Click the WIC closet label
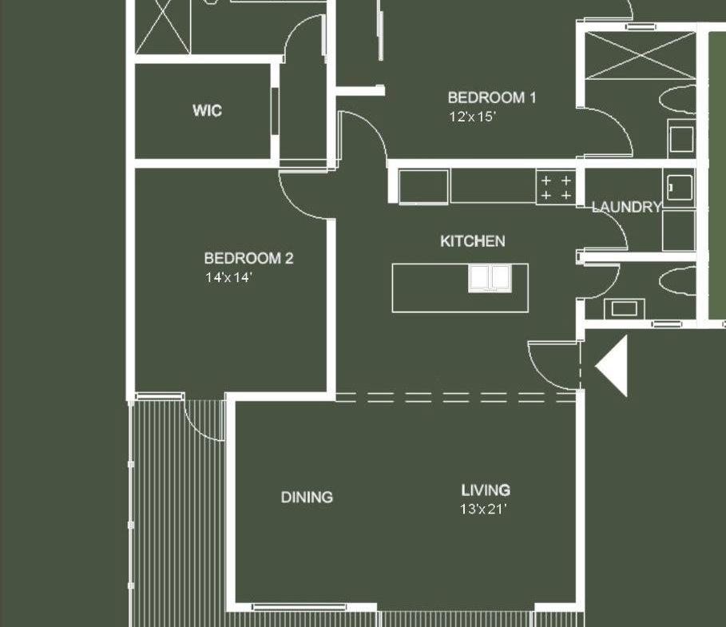207,111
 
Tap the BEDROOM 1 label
492,97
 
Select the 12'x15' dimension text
472,117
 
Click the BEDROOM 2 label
248,259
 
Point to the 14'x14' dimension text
228,277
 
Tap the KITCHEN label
472,241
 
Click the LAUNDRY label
626,207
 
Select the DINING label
307,498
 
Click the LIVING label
486,490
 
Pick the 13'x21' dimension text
483,510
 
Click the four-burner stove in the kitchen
556,187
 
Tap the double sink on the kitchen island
490,278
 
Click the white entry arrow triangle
611,366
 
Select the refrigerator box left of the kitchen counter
423,187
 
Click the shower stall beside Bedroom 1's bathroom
641,56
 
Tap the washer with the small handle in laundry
679,188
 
